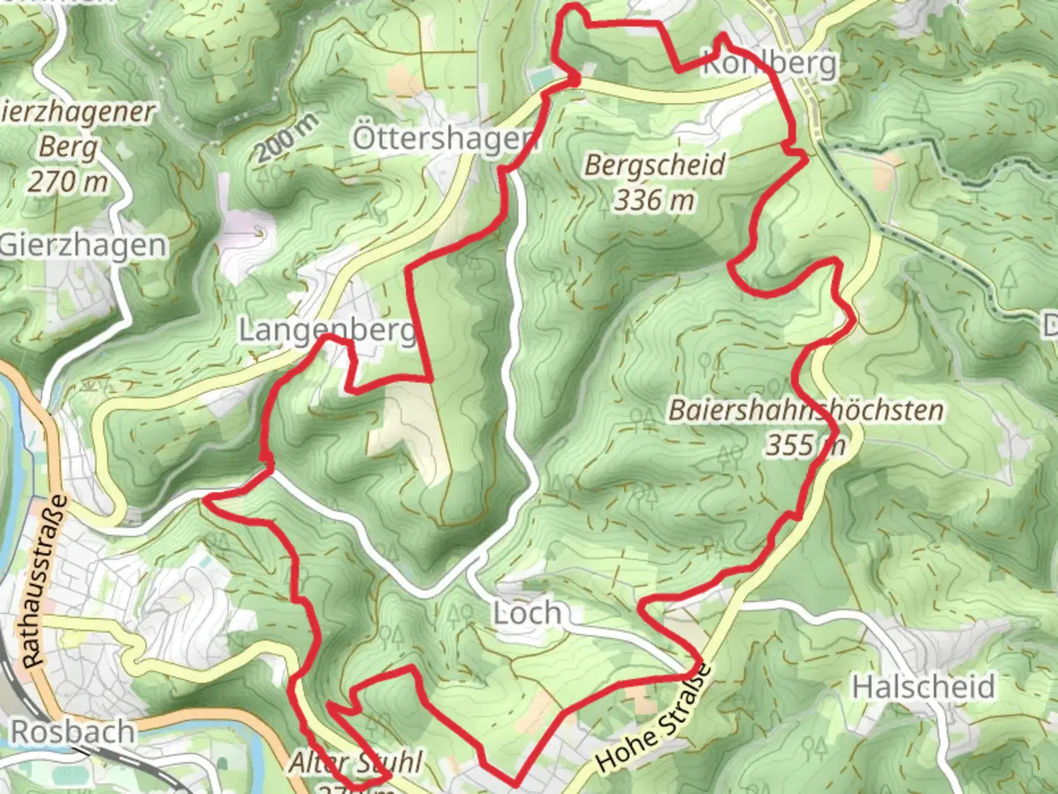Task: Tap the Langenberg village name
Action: coord(328,330)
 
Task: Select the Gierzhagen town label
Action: coord(82,245)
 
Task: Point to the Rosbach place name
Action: coord(73,732)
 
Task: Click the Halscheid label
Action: coord(923,687)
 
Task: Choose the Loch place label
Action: coord(527,612)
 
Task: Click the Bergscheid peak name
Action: coord(655,165)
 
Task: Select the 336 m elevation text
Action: coord(653,199)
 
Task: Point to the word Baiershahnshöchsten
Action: coord(805,410)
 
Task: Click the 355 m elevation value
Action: coord(805,445)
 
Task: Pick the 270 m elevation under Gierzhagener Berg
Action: coord(68,182)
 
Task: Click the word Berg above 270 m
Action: coord(68,147)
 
